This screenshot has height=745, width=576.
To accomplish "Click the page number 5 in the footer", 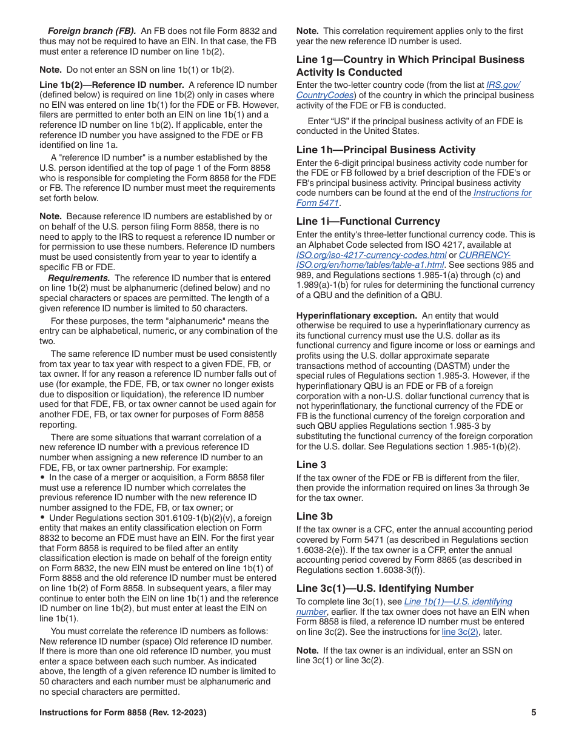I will pos(534,713).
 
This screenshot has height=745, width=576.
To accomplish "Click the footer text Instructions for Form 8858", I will pos(122,713).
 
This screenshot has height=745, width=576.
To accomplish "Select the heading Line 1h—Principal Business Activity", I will pos(386,150).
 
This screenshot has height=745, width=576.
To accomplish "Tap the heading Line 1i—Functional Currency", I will pos(368,221).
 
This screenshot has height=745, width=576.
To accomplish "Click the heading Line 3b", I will pos(314,516).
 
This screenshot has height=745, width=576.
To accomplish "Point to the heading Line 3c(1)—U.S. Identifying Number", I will pos(385,588).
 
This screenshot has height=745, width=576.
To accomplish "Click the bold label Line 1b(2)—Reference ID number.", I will pos(112,85).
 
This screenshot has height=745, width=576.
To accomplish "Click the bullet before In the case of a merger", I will pos(42,477).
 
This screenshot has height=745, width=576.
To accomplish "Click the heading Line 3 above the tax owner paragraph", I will pos(311,465).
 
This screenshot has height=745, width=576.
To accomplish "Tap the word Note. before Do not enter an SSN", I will pos(50,70).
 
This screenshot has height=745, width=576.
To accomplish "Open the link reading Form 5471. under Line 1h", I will pos(318,203).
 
